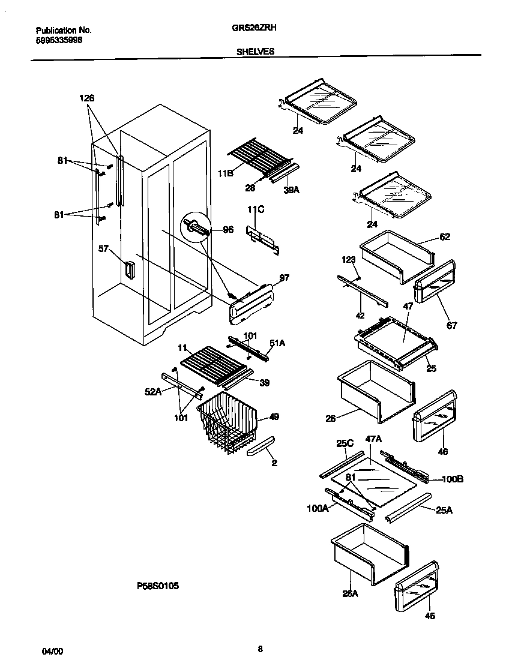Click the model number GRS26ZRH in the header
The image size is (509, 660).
pos(254,28)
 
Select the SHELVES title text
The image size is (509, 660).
pos(256,52)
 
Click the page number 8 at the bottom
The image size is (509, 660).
pos(259,649)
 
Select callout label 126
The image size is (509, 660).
pos(87,98)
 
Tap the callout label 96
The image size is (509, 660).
pos(228,229)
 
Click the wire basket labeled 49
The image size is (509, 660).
pos(228,423)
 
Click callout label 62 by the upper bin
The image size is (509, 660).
pos(445,236)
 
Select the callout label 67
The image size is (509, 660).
pos(451,325)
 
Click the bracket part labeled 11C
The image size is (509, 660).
pos(262,236)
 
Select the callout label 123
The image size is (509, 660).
pos(349,259)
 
